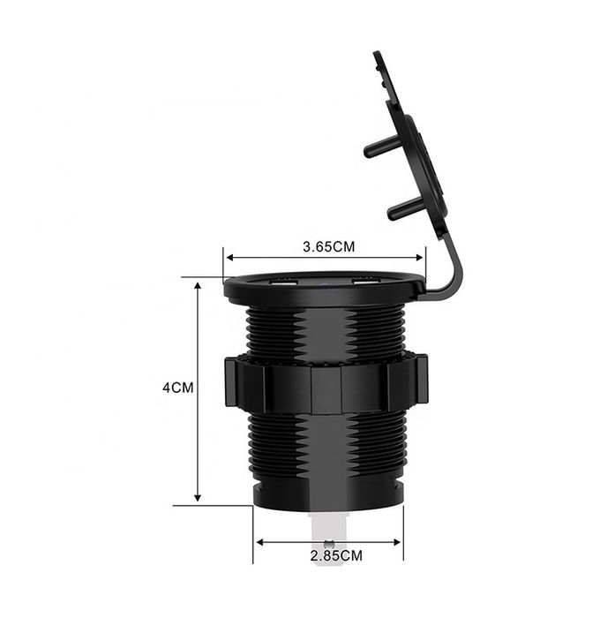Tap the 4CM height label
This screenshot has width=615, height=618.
click(x=178, y=388)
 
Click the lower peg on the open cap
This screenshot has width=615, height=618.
click(x=403, y=209)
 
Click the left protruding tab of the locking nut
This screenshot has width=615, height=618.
click(x=232, y=381)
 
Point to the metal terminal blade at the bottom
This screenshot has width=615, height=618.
click(x=328, y=530)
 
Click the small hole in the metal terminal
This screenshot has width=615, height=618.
click(x=328, y=546)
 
